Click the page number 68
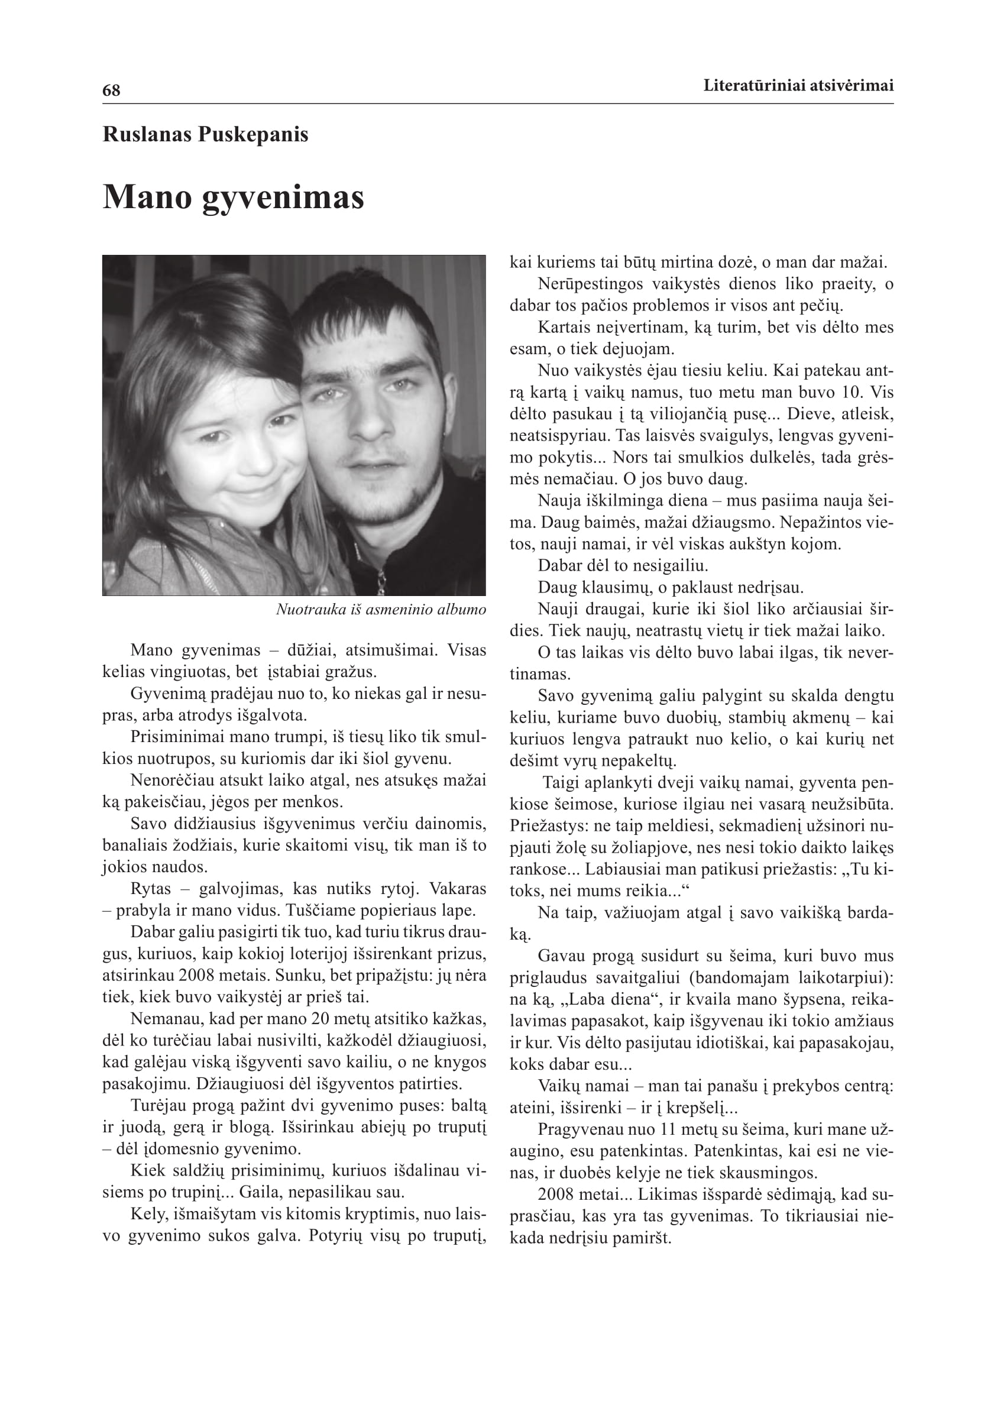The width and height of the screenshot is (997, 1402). point(111,91)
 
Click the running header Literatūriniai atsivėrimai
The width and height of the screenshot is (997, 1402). point(798,85)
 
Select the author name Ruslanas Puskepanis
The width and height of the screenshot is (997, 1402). point(205,134)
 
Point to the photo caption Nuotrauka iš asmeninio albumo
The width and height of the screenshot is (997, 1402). point(381,610)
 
